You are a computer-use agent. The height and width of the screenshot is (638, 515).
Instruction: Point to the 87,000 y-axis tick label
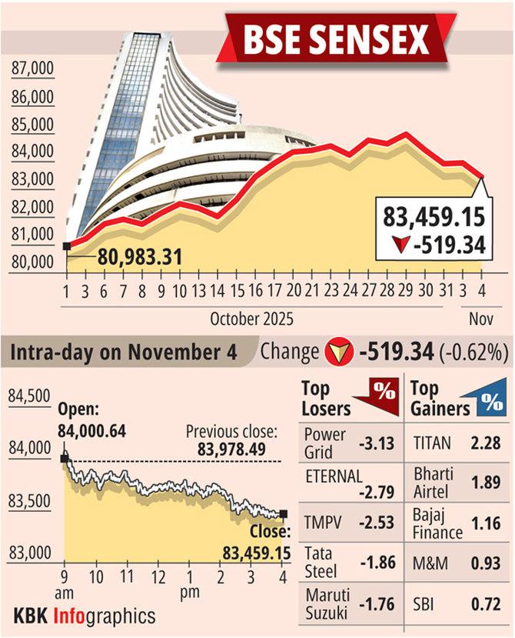click(33, 70)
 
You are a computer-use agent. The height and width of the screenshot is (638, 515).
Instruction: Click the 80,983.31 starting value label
click(139, 256)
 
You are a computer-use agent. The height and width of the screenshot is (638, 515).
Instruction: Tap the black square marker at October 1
click(67, 246)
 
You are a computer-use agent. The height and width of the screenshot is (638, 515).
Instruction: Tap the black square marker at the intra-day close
click(284, 514)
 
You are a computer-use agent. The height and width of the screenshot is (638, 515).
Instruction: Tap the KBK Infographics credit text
click(85, 616)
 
